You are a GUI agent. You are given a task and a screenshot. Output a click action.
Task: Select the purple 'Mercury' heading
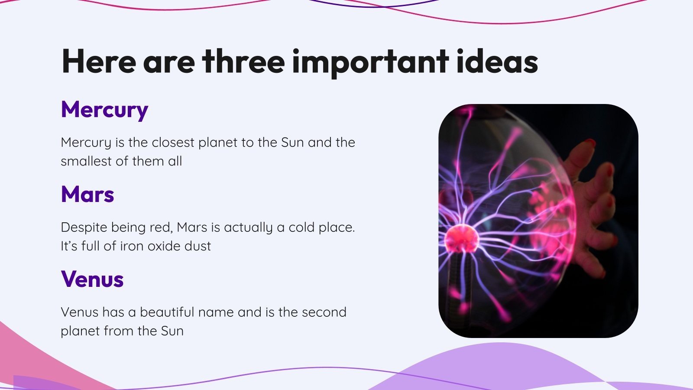point(104,110)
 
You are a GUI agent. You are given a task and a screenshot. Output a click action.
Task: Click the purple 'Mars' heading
point(87,195)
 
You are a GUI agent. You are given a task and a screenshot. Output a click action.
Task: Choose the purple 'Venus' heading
point(92,279)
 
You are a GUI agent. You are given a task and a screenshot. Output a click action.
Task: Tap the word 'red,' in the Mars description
point(161,227)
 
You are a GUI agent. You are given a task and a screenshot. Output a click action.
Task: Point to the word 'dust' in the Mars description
point(198,246)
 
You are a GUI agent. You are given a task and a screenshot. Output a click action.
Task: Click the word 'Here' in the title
point(99,62)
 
